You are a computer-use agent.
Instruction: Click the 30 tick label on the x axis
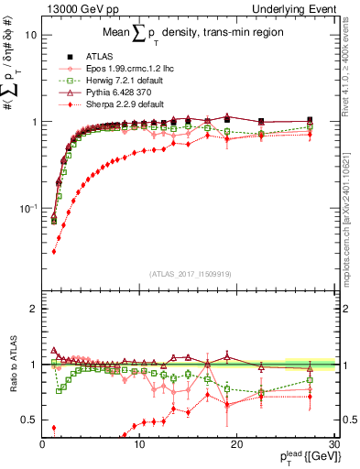click(334, 443)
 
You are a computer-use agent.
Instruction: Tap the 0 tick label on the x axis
click(43, 443)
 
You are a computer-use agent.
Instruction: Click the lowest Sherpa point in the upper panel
click(53, 250)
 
